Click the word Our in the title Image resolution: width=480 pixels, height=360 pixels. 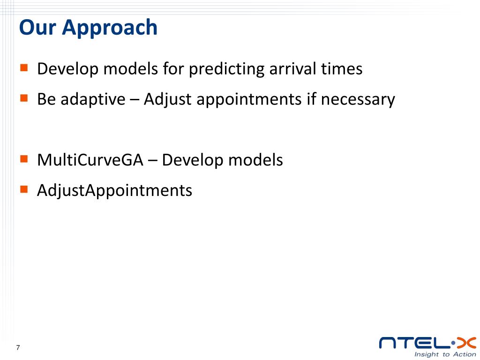pyautogui.click(x=37, y=27)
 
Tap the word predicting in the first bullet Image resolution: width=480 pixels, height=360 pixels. pyautogui.click(x=226, y=69)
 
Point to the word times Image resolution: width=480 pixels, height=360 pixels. pyautogui.click(x=342, y=68)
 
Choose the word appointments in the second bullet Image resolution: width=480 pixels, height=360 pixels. pyautogui.click(x=249, y=100)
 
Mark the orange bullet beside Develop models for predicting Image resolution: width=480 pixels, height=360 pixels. pyautogui.click(x=24, y=67)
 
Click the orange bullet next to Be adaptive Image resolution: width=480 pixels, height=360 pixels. pyautogui.click(x=24, y=98)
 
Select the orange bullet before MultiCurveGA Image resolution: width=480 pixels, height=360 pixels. pyautogui.click(x=24, y=159)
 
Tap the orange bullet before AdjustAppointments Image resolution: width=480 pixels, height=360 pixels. pyautogui.click(x=24, y=189)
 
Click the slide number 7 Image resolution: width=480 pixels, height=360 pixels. pyautogui.click(x=18, y=347)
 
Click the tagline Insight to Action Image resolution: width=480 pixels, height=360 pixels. pyautogui.click(x=445, y=354)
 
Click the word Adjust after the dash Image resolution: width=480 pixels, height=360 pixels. pyautogui.click(x=168, y=100)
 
